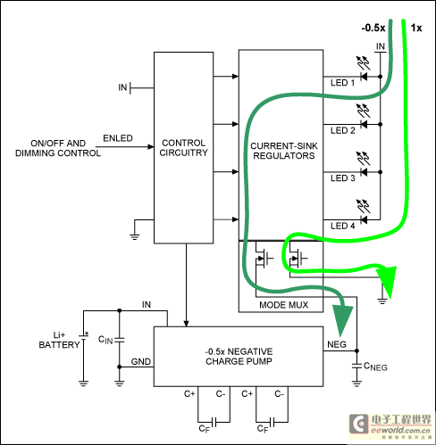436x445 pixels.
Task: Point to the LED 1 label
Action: (x=343, y=83)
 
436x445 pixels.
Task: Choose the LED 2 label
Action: (x=343, y=130)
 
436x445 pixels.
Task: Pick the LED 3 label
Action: (x=343, y=177)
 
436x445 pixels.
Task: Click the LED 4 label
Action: (x=343, y=225)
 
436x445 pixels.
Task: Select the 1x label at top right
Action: (x=416, y=28)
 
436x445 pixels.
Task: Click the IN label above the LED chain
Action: (x=381, y=45)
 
